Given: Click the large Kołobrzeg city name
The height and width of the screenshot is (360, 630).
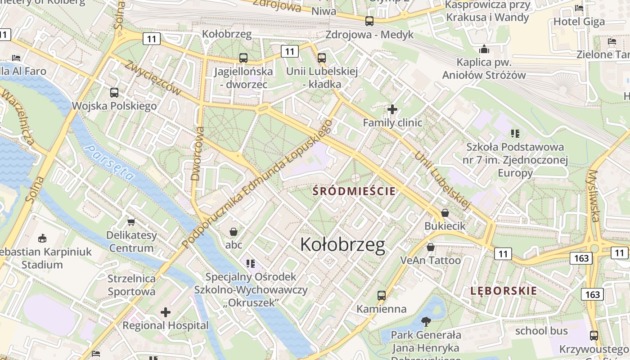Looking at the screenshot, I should [x=342, y=245].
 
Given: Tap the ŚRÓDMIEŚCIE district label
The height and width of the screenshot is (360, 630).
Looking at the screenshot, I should [x=354, y=191].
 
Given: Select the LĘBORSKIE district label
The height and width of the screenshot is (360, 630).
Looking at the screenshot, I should [x=504, y=291].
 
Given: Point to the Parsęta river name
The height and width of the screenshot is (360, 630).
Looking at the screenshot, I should [x=109, y=163].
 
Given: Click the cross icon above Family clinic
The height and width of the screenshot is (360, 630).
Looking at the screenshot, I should [x=392, y=109].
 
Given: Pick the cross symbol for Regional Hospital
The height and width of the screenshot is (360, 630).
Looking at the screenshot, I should [x=166, y=312].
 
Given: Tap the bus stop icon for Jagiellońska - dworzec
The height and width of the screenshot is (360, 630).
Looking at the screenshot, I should [x=243, y=58].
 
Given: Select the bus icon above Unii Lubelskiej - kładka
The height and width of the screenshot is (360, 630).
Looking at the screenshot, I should [x=321, y=58].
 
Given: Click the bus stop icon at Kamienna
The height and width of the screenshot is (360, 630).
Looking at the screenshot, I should [x=382, y=295].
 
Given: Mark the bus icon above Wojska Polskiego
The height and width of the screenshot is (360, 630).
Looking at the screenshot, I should [x=114, y=93].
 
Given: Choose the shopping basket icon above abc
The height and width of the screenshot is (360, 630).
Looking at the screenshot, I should [x=234, y=232].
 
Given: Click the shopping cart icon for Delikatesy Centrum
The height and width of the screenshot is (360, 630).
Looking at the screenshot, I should [x=131, y=221].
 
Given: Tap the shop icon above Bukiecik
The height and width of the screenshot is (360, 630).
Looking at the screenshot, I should [x=445, y=212].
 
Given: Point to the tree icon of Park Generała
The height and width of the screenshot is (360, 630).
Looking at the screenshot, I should [x=426, y=321].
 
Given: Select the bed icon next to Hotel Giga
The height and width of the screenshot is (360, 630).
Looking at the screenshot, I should [x=579, y=8].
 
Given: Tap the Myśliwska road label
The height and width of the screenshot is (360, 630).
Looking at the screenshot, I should [x=594, y=196].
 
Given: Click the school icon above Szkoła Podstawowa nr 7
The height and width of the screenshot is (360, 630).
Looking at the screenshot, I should [x=515, y=133].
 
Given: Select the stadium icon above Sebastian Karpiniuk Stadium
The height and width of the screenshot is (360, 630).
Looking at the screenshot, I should [x=42, y=238].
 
